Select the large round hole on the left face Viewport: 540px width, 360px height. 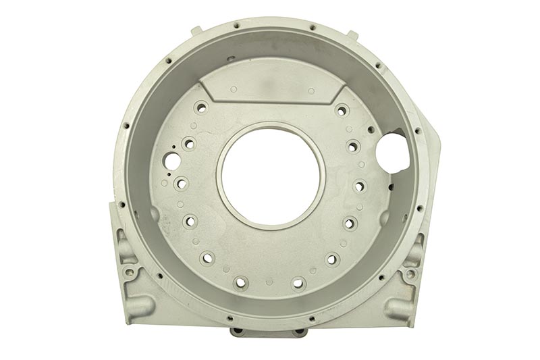click(x=173, y=161)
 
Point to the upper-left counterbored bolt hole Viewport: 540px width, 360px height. click(x=200, y=107)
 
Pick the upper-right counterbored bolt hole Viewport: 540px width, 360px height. click(x=342, y=109)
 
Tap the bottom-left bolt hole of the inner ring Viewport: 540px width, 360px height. click(x=240, y=282)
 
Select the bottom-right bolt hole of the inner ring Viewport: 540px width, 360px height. click(x=299, y=283)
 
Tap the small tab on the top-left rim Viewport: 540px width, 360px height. click(x=196, y=31)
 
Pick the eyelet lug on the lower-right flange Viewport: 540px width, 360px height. click(x=410, y=274)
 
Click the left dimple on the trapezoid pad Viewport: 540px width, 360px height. click(x=234, y=89)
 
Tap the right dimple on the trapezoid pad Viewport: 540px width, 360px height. click(x=310, y=91)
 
